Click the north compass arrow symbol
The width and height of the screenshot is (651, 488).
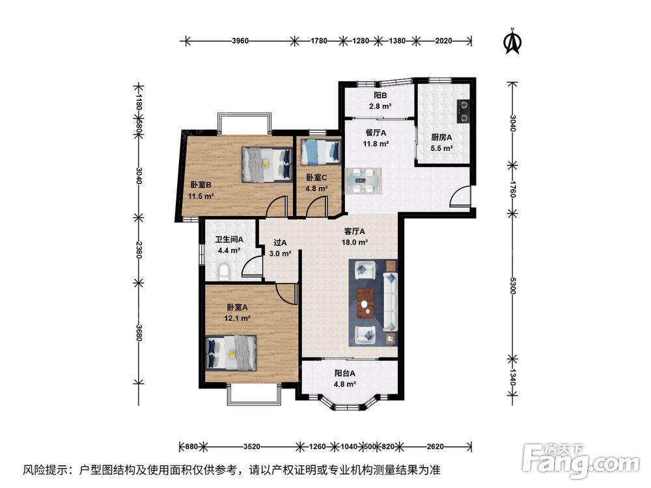513,42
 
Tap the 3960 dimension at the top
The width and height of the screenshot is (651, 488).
240,40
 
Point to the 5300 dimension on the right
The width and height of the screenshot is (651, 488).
513,286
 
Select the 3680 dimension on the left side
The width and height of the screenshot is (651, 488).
139,332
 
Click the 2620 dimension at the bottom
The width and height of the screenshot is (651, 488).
435,446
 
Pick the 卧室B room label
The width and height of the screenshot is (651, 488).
201,185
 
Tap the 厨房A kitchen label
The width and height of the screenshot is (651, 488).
441,137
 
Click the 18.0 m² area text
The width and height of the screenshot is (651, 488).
355,242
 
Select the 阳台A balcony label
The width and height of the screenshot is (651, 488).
345,373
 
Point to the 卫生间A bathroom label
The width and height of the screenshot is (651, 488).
229,239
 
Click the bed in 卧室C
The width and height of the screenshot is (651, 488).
320,151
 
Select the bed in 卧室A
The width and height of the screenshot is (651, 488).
231,353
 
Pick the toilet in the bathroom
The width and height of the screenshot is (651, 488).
224,271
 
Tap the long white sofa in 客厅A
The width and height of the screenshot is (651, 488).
390,302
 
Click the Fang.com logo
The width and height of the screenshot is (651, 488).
581,460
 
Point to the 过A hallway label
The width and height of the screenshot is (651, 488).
280,243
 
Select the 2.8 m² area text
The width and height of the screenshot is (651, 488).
380,106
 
